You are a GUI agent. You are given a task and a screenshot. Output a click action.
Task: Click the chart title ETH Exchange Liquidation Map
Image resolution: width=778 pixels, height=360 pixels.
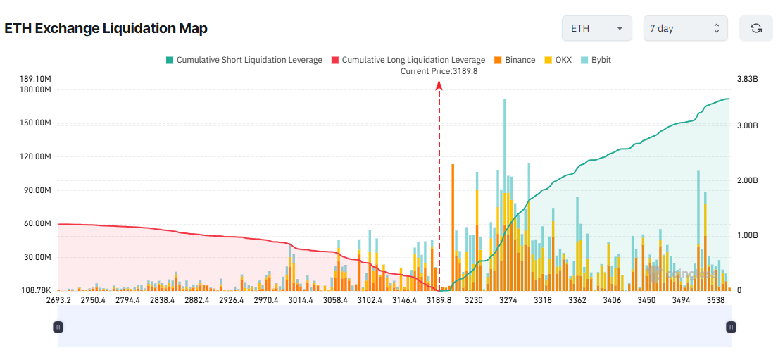coord(106,28)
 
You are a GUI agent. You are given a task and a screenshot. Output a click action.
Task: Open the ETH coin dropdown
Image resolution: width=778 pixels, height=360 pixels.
coord(596,29)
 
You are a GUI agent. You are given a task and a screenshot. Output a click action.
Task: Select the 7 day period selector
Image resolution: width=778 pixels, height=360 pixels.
coord(685,29)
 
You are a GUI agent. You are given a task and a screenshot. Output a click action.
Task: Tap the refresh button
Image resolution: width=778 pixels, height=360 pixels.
coord(756,29)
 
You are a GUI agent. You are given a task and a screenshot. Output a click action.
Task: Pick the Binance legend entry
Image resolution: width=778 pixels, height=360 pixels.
coord(515,61)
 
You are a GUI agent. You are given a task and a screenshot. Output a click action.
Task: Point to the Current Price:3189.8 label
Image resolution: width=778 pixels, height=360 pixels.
coord(439,71)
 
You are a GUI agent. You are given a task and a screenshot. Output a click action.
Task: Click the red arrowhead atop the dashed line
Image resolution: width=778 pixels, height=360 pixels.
coord(439,85)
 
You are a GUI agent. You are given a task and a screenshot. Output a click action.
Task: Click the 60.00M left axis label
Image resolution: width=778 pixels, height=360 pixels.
coord(37,223)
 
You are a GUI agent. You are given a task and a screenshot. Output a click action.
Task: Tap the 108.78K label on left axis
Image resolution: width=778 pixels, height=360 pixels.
coord(35,290)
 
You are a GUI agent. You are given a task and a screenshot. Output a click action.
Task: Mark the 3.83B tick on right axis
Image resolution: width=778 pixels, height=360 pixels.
coord(746,80)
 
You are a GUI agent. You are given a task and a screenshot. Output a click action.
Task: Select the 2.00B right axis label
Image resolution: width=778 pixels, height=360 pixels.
coord(746,180)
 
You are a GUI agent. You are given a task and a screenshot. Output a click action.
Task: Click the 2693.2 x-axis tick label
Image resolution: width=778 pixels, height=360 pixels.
coord(58,300)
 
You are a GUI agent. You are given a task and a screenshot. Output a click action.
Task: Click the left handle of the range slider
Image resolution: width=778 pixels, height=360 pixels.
coord(58,327)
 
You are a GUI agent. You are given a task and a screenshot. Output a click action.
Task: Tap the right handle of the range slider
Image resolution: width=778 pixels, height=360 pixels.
coord(732,327)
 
